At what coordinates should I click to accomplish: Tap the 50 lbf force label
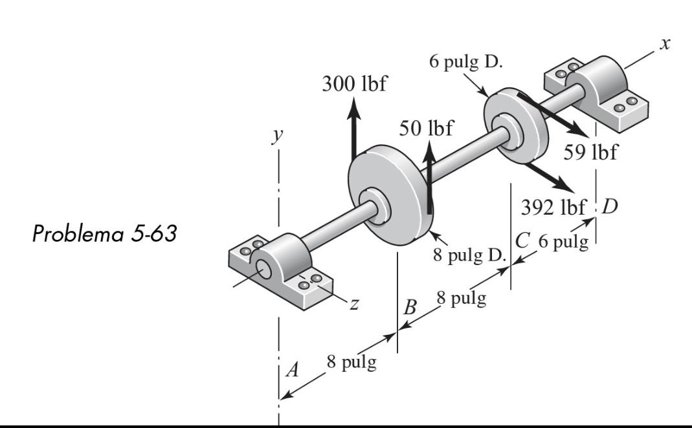[426, 128]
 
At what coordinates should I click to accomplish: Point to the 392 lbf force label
[553, 208]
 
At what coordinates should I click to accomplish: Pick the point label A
[293, 370]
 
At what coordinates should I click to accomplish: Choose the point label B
[409, 308]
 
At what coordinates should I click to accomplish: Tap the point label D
[610, 208]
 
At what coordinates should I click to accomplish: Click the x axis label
[664, 43]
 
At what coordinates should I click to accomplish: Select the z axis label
[353, 305]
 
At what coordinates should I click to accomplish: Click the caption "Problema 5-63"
[104, 233]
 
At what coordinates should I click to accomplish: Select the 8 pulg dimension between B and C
[461, 299]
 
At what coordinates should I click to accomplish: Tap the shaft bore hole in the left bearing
[263, 269]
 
